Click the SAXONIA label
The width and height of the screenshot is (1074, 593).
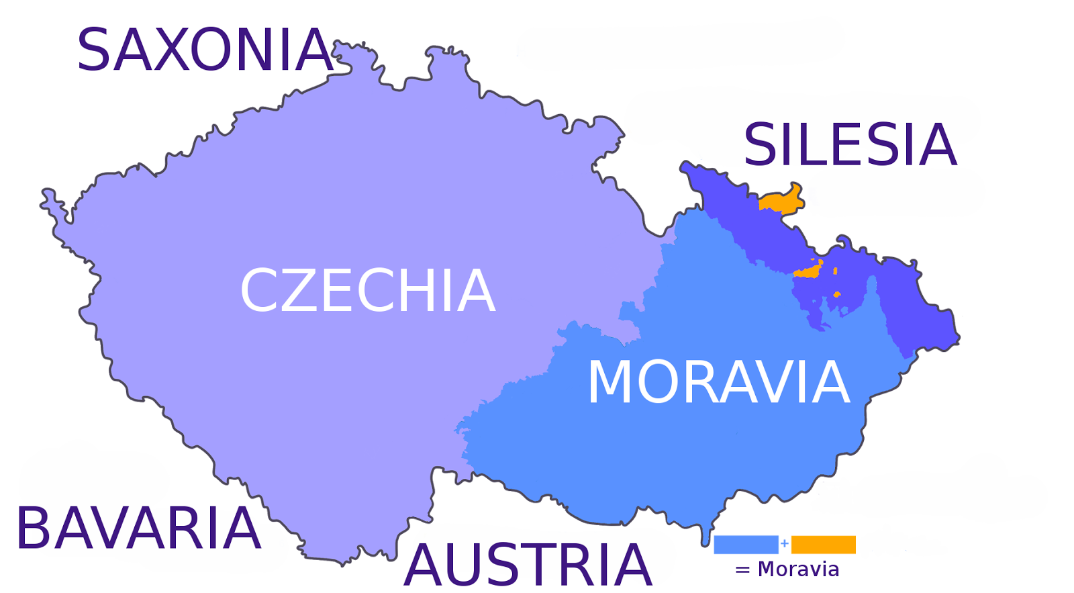tap(205, 50)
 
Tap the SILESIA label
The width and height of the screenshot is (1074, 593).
tap(850, 145)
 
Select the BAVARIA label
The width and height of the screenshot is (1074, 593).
tap(138, 529)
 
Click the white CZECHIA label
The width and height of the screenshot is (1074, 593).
tap(368, 290)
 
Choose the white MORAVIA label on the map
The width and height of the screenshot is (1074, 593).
tap(718, 382)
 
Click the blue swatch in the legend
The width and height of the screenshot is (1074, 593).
tap(746, 544)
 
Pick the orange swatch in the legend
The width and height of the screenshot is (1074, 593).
tap(824, 544)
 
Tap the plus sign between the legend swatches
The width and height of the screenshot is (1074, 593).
tap(785, 543)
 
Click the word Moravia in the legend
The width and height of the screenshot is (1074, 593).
tap(798, 569)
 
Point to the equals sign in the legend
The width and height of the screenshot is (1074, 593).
tap(742, 570)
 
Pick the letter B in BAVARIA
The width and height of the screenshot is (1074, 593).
tap(34, 529)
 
